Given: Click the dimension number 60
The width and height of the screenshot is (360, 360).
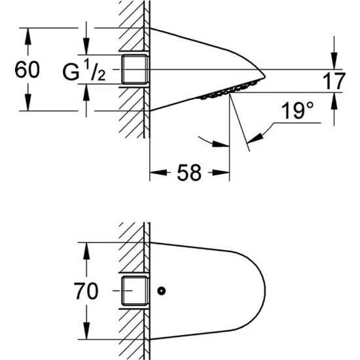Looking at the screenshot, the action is (27, 69).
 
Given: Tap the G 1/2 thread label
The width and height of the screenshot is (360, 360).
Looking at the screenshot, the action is (84, 70).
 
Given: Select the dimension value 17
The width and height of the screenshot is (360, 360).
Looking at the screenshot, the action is (334, 81).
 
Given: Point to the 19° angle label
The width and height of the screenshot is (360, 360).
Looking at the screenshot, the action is (298, 111).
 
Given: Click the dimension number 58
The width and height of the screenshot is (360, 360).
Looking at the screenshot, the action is (189, 173).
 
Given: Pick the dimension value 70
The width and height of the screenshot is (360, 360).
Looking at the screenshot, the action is (86, 291).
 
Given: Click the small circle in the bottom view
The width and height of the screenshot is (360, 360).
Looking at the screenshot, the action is (162, 291).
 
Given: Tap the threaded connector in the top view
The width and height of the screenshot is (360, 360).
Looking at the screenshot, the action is (135, 69).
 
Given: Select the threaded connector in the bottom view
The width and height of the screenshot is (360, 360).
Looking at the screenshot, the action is (135, 291).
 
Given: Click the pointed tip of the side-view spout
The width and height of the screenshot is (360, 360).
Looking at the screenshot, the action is (265, 77).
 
